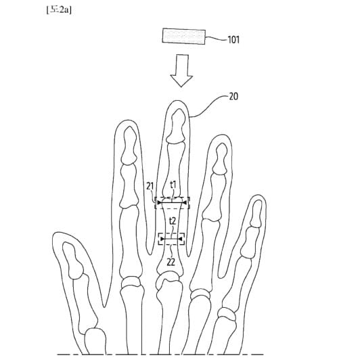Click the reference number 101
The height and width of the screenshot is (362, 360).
pos(233,40)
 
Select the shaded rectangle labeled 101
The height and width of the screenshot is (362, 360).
pos(184,36)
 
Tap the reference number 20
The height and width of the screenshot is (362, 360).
pos(233,96)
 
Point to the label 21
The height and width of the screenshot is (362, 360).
pos(150,186)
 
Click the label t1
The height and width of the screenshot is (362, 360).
pos(173,185)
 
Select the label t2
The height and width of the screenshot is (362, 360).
pos(173,221)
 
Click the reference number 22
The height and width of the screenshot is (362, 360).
pos(171,262)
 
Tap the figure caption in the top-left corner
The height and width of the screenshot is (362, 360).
pos(59,10)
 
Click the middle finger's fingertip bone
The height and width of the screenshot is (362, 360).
pos(177,126)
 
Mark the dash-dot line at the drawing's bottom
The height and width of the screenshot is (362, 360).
pos(160,354)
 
